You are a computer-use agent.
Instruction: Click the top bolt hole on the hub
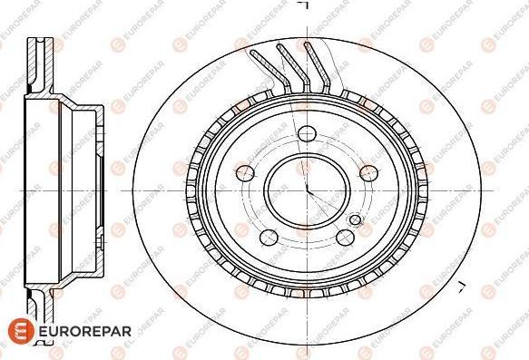coord(307,134)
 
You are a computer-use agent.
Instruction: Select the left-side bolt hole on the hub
coord(245,173)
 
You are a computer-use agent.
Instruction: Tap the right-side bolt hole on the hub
coord(368,173)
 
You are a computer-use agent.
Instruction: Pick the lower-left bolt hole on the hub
coord(269,238)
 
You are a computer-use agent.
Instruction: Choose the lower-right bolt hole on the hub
coord(345,238)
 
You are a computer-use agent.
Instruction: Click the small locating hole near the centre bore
coord(356,220)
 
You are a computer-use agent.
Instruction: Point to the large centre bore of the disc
coord(307,191)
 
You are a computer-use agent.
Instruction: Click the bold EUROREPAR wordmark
coord(85,331)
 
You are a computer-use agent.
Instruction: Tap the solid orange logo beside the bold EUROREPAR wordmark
coord(21,331)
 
